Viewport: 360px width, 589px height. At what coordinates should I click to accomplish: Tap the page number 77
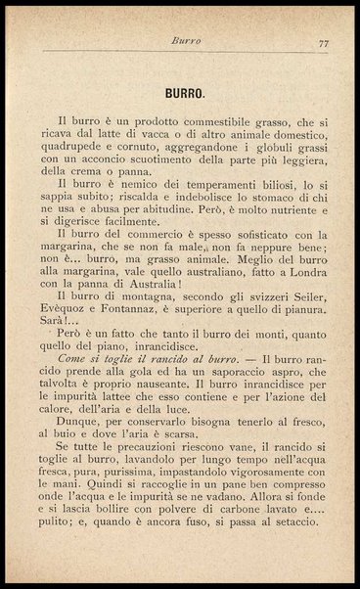pos(322,43)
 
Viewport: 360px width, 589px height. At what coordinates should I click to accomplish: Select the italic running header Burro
pos(185,42)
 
